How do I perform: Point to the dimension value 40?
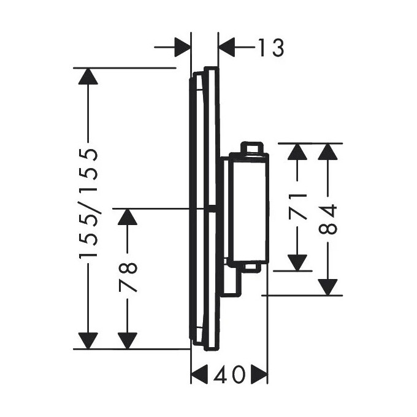(229, 373)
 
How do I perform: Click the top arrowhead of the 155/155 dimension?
(88, 76)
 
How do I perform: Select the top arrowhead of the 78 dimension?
(128, 217)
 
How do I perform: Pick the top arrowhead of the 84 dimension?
(329, 151)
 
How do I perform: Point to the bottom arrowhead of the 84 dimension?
(329, 286)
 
